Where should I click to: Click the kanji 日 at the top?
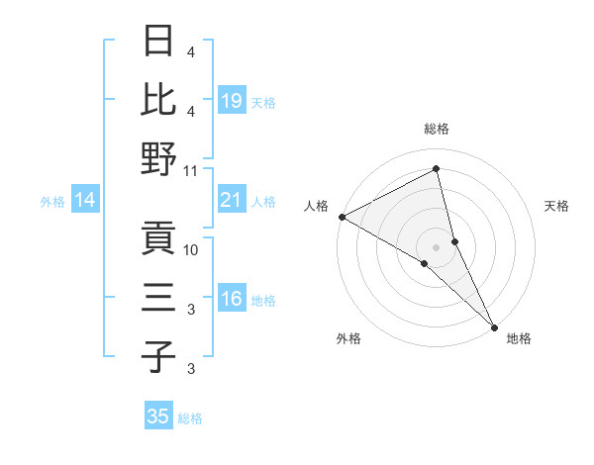pos(159,42)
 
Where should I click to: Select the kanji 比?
pos(159,99)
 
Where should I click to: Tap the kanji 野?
pos(159,158)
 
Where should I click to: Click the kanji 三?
pos(159,298)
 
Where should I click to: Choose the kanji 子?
pos(159,356)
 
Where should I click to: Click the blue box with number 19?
pos(232,100)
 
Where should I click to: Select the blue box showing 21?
pos(232,201)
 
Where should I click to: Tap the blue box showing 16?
pos(232,300)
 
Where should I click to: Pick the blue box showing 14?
pos(85,201)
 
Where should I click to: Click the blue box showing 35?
pos(158,417)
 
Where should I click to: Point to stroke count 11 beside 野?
pos(191,170)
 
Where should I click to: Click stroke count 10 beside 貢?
pos(191,249)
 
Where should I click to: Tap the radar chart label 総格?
pos(437,129)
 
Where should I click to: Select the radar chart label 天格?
pos(557,206)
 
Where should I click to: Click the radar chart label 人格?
pos(317,206)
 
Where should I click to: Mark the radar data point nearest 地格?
pos(495,326)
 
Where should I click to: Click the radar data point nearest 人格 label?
pos(342,217)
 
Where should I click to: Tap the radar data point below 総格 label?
pos(437,169)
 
